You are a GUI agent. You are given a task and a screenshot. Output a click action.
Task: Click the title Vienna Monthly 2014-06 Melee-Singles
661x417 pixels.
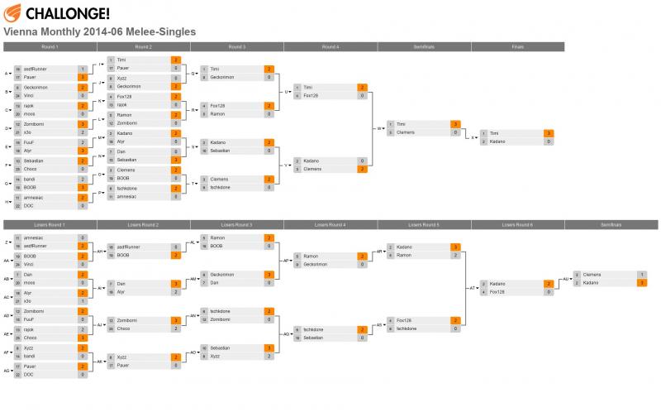point(100,31)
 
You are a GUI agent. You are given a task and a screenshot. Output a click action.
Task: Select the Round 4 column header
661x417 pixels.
point(330,46)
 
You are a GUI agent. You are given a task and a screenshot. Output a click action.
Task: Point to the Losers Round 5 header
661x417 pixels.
point(425,225)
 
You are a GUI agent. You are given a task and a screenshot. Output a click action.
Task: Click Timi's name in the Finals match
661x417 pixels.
point(496,132)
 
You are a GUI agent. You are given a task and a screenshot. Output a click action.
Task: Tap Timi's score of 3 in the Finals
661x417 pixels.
point(548,132)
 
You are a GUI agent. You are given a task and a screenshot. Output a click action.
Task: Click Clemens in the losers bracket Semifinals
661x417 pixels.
point(592,274)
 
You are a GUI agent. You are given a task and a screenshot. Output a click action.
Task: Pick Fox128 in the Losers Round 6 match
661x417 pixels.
point(498,292)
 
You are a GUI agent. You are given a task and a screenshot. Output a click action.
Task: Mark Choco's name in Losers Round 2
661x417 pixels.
point(124,328)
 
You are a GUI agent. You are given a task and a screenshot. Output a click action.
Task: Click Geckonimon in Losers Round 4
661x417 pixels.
point(318,265)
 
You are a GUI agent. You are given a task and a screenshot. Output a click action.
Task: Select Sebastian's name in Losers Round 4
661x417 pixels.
point(315,338)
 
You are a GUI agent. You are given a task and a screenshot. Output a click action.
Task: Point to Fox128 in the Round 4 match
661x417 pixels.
point(311,96)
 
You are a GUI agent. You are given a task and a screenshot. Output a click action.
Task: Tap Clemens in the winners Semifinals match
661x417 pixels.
point(406,132)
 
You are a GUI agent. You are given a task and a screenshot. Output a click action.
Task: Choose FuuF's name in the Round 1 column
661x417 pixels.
point(30,142)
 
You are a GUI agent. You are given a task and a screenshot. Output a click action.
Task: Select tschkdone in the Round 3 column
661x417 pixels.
point(221,187)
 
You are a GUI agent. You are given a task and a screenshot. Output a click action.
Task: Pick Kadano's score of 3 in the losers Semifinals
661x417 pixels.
point(641,283)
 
